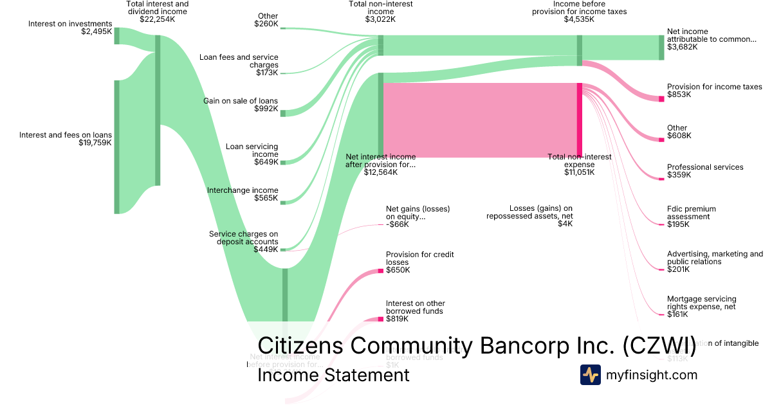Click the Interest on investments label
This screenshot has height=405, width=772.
(x=70, y=24)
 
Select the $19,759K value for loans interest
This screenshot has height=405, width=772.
(x=95, y=143)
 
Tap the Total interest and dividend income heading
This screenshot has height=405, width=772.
(x=157, y=8)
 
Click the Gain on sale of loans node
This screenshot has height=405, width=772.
(x=283, y=113)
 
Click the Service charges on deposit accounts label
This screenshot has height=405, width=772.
(x=244, y=238)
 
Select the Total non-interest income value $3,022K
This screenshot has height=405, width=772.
(x=380, y=19)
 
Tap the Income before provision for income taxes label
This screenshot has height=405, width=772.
(x=579, y=8)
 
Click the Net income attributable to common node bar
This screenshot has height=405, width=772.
(x=661, y=48)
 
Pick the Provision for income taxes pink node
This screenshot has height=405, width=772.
(x=661, y=98)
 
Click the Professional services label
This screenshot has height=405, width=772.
(x=704, y=167)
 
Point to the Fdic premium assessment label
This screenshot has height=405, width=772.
(x=691, y=213)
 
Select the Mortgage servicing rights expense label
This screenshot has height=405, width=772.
(x=701, y=303)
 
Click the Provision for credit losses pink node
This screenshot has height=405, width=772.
(x=380, y=271)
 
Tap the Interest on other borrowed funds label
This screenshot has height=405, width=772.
(x=415, y=307)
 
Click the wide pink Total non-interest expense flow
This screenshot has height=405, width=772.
(x=479, y=120)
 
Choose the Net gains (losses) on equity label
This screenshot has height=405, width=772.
(x=418, y=213)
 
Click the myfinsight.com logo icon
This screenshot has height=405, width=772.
(x=590, y=375)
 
